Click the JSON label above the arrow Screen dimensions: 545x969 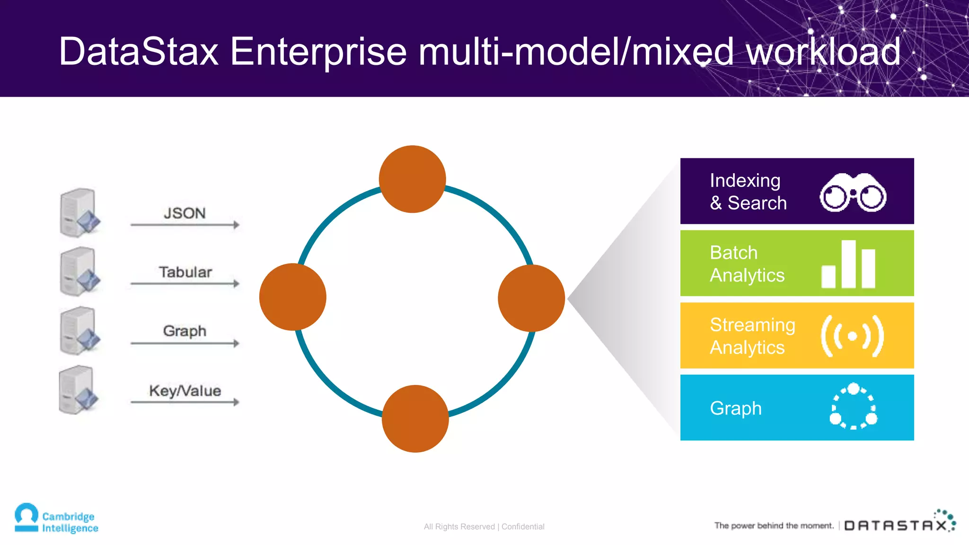(185, 213)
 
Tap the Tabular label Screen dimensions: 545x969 (185, 272)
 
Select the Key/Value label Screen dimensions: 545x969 (185, 391)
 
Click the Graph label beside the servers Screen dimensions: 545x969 (185, 331)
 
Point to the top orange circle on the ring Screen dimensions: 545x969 (413, 179)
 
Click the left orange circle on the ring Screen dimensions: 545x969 (292, 297)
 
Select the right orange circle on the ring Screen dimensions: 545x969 (531, 298)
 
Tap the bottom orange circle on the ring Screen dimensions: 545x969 (415, 419)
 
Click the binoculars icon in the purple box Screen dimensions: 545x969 (853, 193)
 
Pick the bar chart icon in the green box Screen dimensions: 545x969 (848, 264)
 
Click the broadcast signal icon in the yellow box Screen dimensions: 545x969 (852, 336)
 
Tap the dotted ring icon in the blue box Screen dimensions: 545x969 (853, 406)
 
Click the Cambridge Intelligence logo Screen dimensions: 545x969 (56, 519)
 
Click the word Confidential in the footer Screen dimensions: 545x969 (523, 527)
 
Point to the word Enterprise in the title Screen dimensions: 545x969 (318, 52)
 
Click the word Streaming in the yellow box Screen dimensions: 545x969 (752, 325)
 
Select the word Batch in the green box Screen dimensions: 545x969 (733, 253)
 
